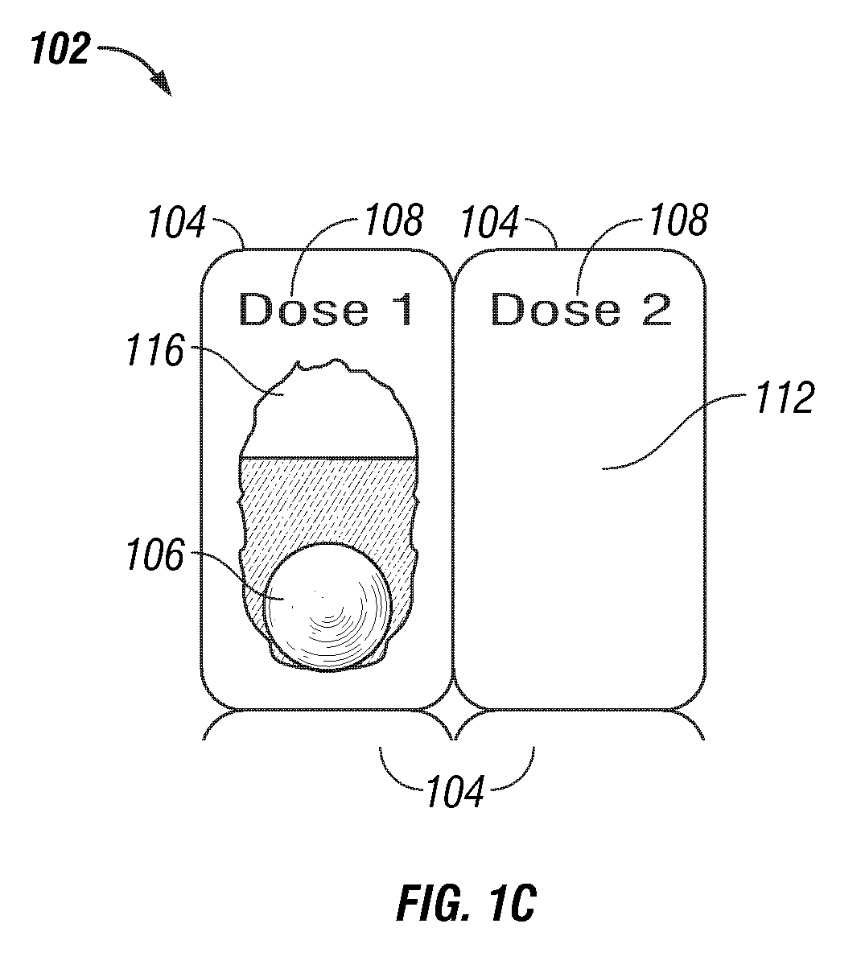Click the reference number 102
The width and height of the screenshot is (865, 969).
coord(60,49)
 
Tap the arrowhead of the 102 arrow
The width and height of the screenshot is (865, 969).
coord(163,85)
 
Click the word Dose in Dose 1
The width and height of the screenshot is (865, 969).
coord(304,309)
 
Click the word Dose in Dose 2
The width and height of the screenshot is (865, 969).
coord(556,309)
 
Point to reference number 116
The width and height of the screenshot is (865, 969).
coord(155,351)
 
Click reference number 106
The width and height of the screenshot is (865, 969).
coord(155,555)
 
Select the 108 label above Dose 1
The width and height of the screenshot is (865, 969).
coord(394,220)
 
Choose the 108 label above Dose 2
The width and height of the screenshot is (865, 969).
coord(678,220)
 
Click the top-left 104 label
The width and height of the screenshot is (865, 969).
coord(177,222)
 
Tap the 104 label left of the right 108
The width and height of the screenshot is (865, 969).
coord(490,222)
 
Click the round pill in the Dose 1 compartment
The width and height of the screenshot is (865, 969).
coord(328,607)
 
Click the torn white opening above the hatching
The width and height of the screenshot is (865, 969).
coord(330,411)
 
